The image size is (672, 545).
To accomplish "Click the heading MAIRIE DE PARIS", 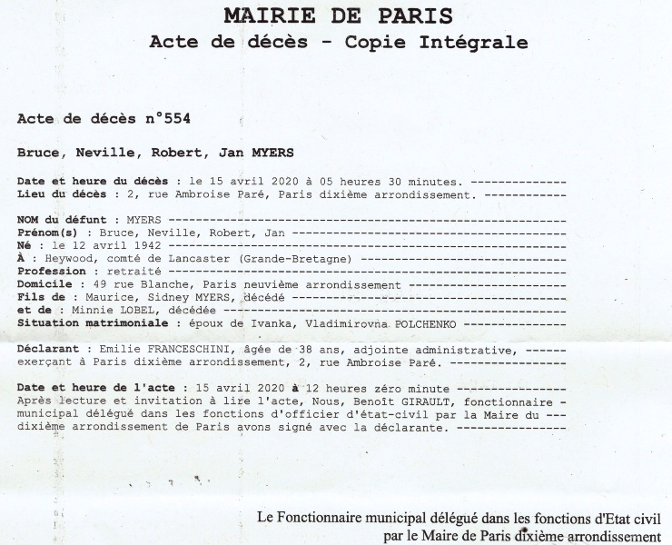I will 339,15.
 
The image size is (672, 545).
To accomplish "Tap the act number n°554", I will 166,118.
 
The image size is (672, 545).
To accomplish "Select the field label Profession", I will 52,271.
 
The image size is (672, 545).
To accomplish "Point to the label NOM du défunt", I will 68,220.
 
